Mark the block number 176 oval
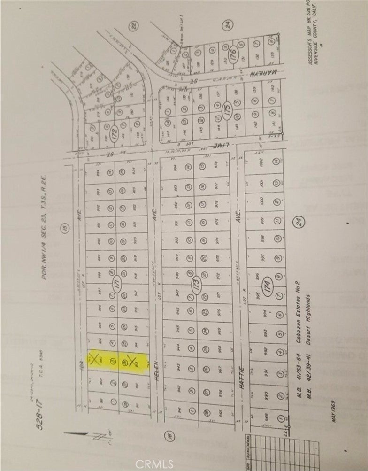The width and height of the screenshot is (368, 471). (231, 59)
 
